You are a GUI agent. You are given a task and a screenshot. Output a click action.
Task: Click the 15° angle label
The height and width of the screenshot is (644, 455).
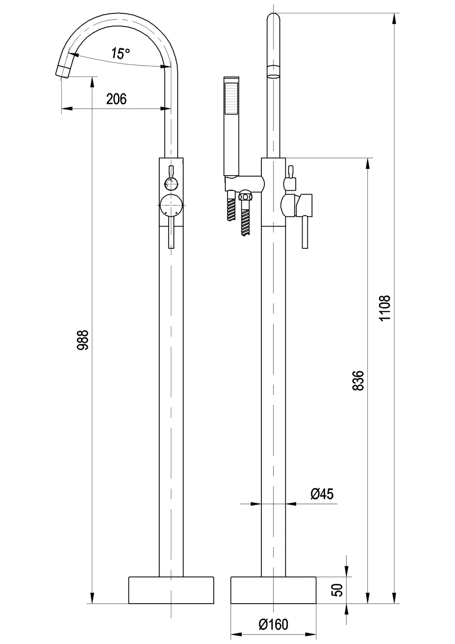click(120, 54)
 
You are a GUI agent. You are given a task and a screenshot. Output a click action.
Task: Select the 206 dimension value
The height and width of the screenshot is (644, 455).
click(116, 99)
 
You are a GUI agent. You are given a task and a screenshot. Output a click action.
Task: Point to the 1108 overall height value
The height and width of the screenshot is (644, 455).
click(385, 308)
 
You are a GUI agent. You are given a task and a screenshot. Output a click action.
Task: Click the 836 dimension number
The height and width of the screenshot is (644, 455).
click(360, 381)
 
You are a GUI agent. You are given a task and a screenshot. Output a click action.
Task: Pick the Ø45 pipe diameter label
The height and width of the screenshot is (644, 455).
click(322, 494)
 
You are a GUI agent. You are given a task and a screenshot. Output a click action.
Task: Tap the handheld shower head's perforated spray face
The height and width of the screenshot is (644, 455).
click(231, 98)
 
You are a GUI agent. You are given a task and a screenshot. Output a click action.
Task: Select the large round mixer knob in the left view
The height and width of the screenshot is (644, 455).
click(171, 206)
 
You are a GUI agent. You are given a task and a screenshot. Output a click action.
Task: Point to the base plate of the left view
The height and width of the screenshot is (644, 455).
click(171, 591)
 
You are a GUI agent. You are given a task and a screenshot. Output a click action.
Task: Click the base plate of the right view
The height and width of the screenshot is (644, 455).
click(273, 591)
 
